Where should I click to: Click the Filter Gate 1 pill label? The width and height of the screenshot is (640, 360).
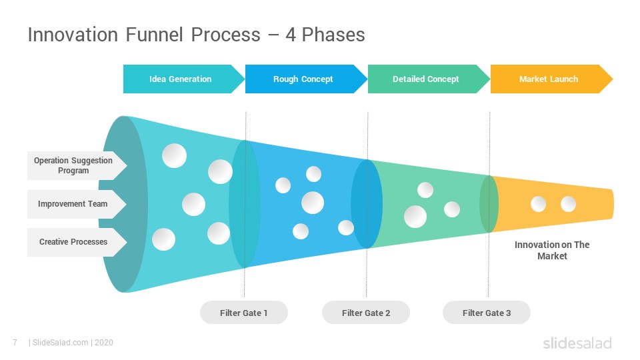coord(244,313)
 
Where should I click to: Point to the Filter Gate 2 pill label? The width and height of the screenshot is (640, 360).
coord(366,313)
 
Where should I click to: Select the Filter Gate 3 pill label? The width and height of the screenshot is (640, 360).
coord(487,313)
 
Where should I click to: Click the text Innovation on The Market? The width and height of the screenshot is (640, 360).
coord(552,250)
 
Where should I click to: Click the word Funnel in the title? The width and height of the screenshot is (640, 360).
coord(154,35)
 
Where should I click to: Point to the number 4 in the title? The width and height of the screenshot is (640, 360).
coord(291,35)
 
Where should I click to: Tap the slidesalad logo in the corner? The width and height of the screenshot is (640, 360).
coord(577,343)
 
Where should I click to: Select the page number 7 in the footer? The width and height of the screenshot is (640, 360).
coord(15,343)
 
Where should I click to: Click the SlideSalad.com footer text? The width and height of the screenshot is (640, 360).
coord(60,343)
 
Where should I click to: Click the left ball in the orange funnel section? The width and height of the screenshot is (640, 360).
coord(539,204)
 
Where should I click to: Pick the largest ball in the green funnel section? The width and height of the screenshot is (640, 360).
coord(415,217)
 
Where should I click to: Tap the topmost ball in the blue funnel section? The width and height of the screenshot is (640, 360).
coord(313,174)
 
